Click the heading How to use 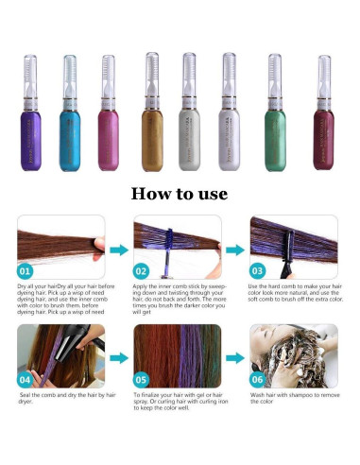[180, 194]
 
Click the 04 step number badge [28, 378]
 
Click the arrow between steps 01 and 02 [118, 250]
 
